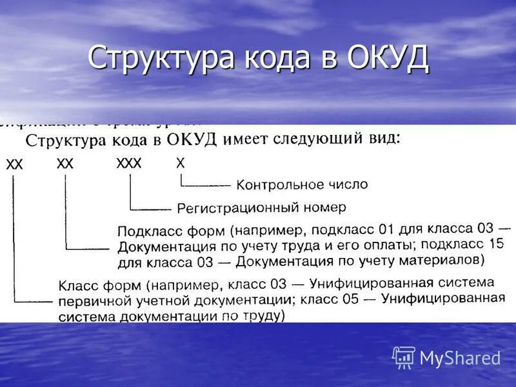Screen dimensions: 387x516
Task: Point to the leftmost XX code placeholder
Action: coord(15,166)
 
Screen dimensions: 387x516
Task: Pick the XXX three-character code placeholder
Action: coord(128,164)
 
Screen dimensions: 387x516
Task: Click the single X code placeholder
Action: coord(180,163)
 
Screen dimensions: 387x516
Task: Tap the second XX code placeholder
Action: coord(65,164)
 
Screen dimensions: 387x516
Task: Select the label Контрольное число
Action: coord(302,185)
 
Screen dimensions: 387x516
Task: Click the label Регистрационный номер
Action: coord(261,208)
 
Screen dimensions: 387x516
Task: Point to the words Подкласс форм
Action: coord(174,230)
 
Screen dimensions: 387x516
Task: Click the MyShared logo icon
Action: coord(404,357)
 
